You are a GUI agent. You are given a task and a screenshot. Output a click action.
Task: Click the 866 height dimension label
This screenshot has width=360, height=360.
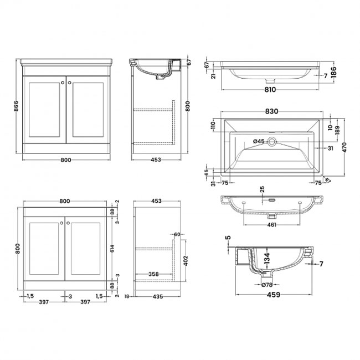(17, 106)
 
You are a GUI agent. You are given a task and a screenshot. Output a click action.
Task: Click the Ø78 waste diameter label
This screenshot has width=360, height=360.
(266, 285)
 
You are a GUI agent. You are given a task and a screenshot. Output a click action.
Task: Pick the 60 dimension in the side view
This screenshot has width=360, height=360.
(177, 235)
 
